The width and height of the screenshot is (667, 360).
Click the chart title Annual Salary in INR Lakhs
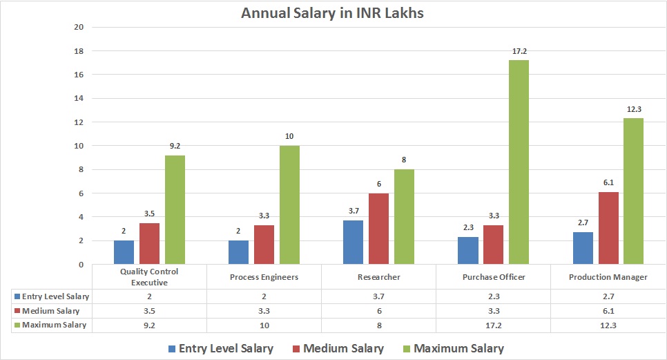point(332,12)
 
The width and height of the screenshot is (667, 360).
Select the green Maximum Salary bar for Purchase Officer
point(518,162)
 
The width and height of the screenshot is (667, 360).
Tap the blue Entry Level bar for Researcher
point(354,242)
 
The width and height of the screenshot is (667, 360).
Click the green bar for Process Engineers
point(289,205)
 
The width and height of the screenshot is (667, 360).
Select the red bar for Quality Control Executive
point(149,243)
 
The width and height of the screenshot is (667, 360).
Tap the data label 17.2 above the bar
point(519,52)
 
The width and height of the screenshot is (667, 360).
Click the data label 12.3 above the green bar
point(633,110)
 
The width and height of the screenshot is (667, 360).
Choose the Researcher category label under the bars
point(379,277)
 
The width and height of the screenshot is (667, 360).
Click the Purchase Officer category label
point(493,277)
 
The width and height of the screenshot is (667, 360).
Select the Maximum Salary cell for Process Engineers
point(264,325)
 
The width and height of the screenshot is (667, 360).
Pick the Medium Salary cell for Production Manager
point(608,310)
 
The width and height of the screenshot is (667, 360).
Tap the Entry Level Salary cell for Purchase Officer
point(493,296)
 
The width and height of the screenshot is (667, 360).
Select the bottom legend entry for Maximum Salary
point(455,348)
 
